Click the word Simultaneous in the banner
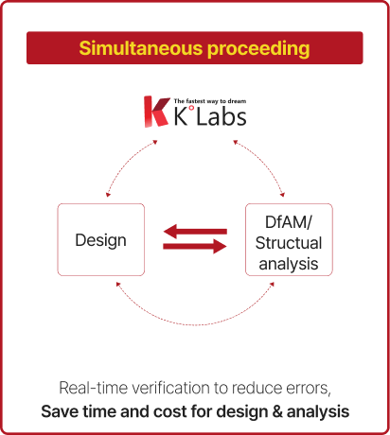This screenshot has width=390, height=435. (141, 48)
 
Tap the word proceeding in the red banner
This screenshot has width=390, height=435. (258, 49)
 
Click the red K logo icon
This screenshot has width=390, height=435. (156, 112)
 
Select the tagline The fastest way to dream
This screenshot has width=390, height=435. (210, 101)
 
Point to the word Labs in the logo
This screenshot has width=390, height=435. (222, 116)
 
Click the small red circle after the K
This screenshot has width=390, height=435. (191, 109)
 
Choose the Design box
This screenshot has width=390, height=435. (101, 239)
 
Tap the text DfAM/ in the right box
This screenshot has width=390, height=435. (289, 222)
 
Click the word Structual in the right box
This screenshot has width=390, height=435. (289, 243)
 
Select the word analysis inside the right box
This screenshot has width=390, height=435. (289, 264)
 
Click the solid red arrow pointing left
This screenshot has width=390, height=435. (195, 232)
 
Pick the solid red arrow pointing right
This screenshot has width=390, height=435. (195, 246)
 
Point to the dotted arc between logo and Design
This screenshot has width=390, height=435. (125, 164)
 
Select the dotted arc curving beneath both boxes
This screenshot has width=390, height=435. (195, 324)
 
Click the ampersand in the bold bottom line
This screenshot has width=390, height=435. (277, 411)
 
